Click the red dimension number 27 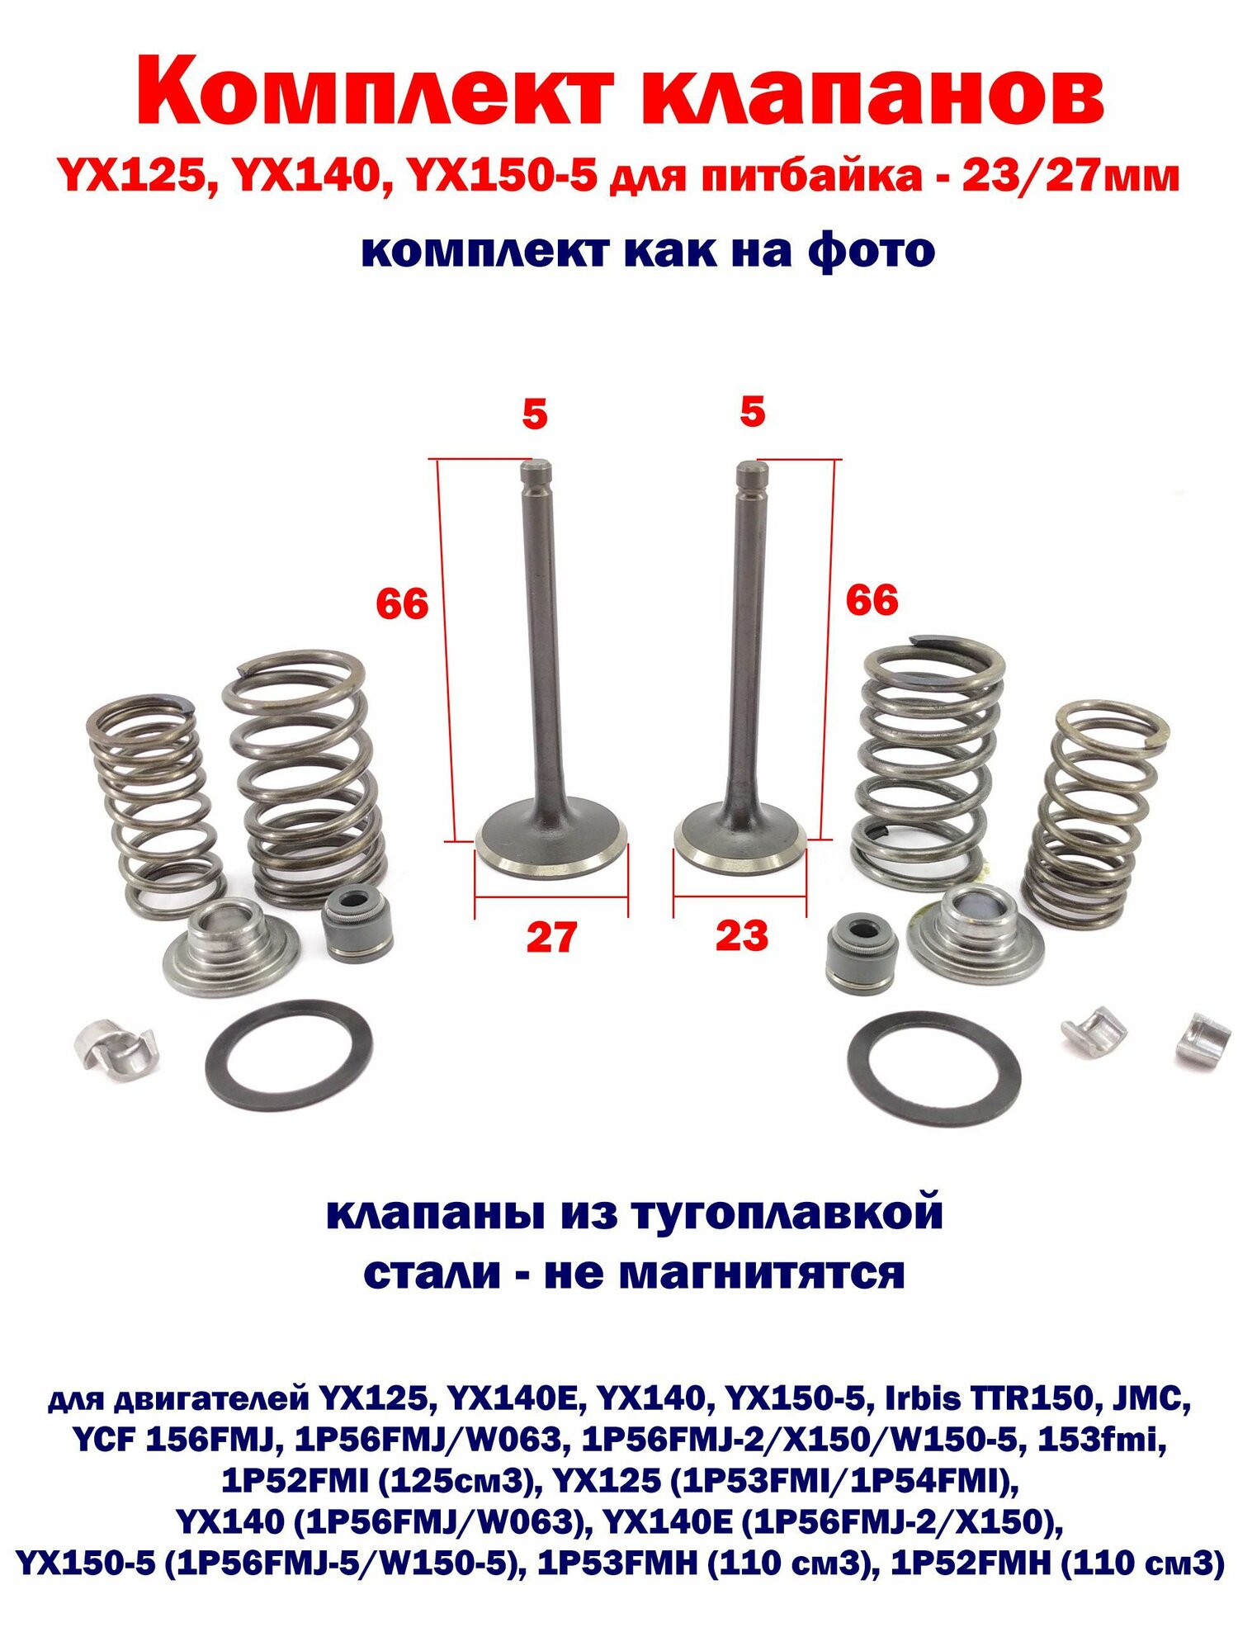[x=552, y=939]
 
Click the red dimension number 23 [x=742, y=936]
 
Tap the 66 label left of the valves [x=402, y=604]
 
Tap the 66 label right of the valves [x=872, y=600]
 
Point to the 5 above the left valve [x=534, y=414]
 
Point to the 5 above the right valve [x=752, y=412]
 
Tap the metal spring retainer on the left [x=230, y=950]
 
